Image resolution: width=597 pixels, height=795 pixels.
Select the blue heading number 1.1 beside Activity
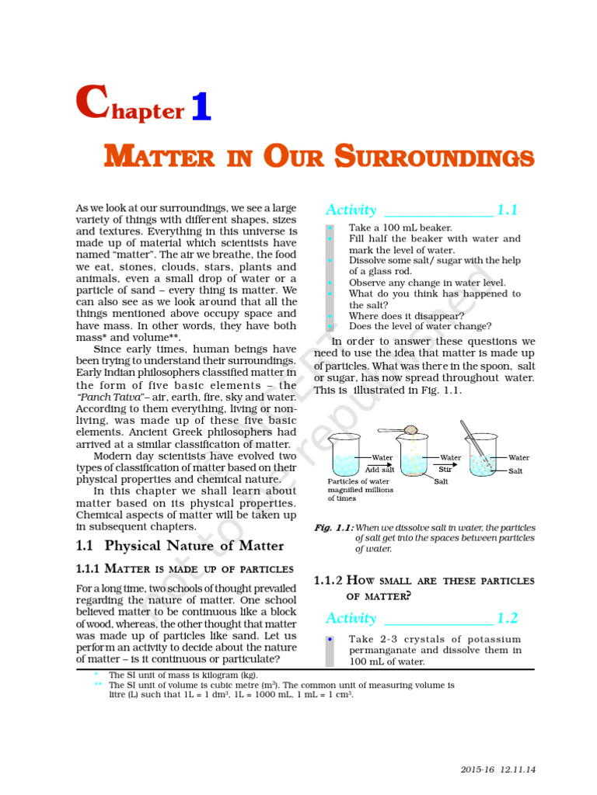point(508,210)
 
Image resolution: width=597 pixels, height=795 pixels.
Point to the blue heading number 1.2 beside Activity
point(508,618)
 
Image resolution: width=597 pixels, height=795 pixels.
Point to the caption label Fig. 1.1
point(333,528)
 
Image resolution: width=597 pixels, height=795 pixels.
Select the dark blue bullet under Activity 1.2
point(330,639)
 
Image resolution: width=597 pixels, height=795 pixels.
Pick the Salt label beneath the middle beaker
point(441,481)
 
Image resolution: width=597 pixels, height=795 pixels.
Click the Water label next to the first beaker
point(382,458)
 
